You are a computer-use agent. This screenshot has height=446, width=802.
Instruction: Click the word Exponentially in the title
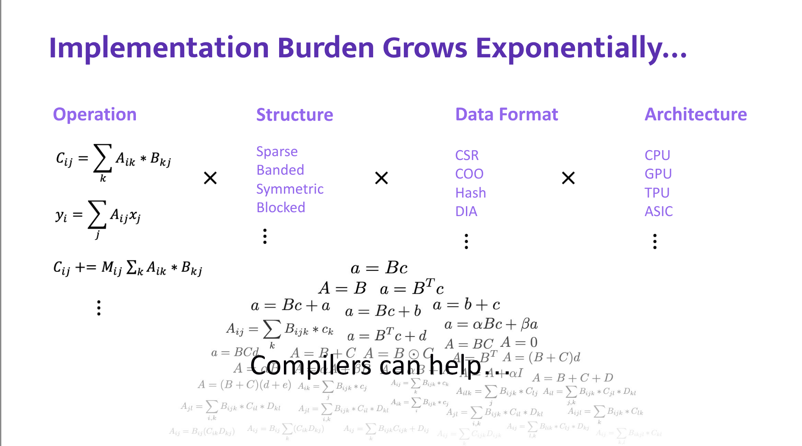point(581,48)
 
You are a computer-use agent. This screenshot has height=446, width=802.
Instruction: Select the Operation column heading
point(94,114)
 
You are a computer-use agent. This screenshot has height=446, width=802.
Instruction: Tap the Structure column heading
point(295,115)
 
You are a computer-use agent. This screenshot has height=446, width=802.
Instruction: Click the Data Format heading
point(506,114)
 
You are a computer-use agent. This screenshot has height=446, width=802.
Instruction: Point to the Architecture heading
point(695,114)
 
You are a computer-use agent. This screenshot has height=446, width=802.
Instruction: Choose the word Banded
point(280,170)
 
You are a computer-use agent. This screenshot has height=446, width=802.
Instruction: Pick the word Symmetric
point(290,189)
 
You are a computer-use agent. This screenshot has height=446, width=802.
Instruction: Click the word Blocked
point(281,207)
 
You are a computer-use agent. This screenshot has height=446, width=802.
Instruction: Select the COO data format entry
point(469,174)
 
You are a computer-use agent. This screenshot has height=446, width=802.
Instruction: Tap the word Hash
point(471,193)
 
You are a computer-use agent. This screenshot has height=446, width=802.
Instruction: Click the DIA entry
point(466,211)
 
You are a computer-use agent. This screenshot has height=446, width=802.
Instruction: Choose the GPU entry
point(658,174)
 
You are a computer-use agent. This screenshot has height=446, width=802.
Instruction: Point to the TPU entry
point(657,193)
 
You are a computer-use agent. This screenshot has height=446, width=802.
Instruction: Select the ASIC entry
point(659,211)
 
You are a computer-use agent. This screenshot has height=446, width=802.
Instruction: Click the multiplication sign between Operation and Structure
point(210,178)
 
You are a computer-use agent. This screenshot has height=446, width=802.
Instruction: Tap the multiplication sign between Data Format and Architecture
point(568,178)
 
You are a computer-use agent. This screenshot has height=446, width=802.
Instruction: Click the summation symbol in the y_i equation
point(97,214)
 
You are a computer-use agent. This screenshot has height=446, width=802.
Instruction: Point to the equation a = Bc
point(379,268)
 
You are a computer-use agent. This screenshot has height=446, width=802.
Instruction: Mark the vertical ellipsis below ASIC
point(655,242)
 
